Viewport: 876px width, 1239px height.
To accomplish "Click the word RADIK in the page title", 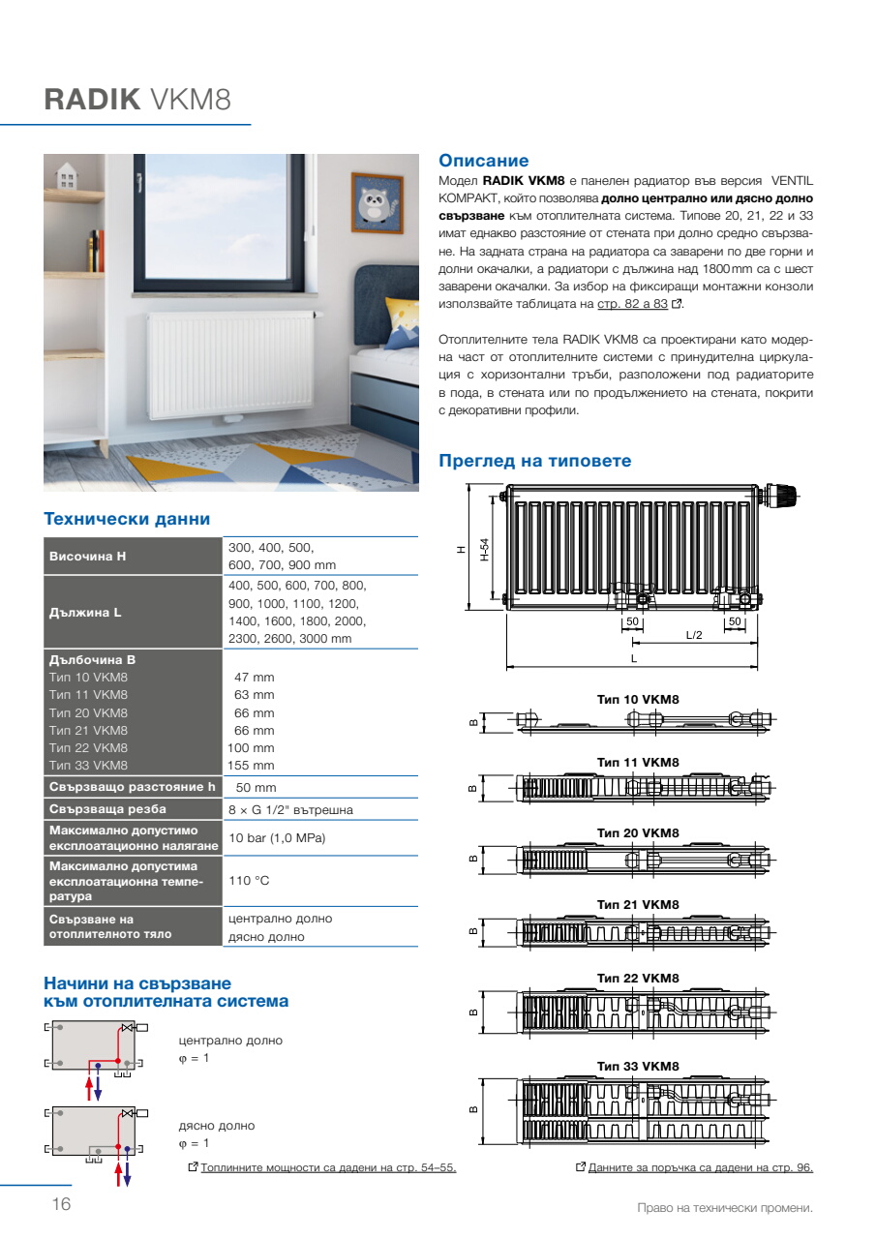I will pos(93,101).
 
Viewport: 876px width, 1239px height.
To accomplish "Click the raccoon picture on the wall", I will pos(376,204).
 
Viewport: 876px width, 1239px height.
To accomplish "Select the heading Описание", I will pos(484,161).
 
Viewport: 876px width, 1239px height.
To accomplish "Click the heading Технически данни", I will pos(127,520).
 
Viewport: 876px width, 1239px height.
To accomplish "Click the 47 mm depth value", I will pos(255,678).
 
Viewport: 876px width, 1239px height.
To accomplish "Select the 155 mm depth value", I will pos(255,766).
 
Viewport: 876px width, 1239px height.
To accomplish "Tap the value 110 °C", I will pos(249,881).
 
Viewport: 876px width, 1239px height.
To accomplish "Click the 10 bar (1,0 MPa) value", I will pos(277,837).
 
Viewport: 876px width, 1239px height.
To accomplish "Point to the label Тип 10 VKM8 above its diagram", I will pos(638,699).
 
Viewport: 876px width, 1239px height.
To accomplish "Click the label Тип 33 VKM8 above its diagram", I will pos(638,1067).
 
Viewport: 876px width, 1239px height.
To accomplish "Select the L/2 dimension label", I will pos(694,635).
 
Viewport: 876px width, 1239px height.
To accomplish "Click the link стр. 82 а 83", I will pos(632,303).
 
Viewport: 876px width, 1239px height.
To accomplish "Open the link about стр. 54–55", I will pos(328,1167).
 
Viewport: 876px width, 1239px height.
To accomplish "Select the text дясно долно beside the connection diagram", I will pos(217,1126).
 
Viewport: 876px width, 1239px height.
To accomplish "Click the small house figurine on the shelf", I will pos(67,175).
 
